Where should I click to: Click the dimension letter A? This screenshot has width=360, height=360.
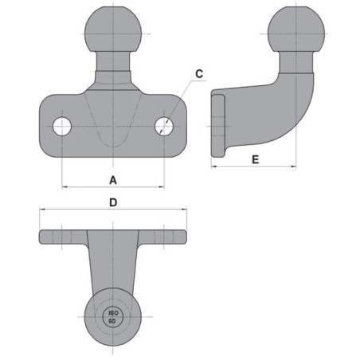pyautogui.click(x=113, y=180)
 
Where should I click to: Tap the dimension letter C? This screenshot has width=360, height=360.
pyautogui.click(x=199, y=74)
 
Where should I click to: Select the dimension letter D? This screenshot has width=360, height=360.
pyautogui.click(x=113, y=202)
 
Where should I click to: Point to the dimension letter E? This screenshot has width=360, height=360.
pyautogui.click(x=255, y=159)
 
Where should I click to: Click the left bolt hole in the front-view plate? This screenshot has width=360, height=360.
pyautogui.click(x=62, y=127)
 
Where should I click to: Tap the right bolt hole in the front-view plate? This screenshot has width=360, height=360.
pyautogui.click(x=164, y=127)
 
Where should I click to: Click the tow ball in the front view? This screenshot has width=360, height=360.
pyautogui.click(x=113, y=29)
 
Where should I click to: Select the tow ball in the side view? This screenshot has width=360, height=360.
pyautogui.click(x=296, y=29)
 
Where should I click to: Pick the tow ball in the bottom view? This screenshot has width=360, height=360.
pyautogui.click(x=113, y=317)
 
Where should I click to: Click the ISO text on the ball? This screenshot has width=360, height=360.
pyautogui.click(x=113, y=313)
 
